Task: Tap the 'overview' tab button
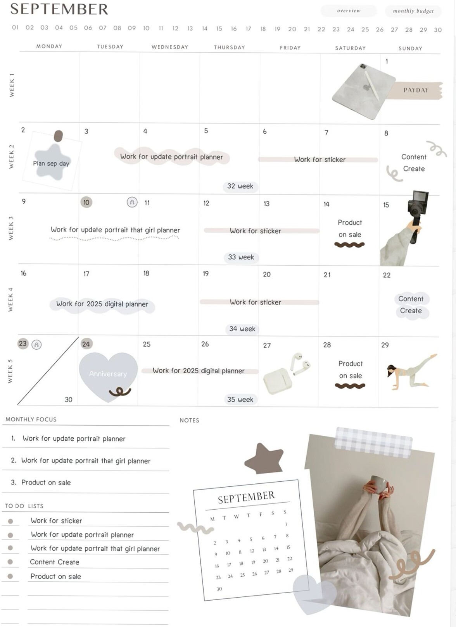coord(349,11)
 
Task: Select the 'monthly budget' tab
coord(413,11)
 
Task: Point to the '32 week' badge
coord(240,186)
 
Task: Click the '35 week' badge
coord(240,399)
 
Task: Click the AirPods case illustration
coord(278,381)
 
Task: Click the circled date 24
coord(86,344)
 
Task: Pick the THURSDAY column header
coord(229,47)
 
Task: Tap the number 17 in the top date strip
coord(248,29)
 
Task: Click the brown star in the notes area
coord(264,459)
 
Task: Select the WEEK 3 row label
coord(11,228)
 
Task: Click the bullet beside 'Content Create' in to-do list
coord(10,562)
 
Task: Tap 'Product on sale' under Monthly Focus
coord(46,482)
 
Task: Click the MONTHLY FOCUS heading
coord(31,419)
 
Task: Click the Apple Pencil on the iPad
coord(372,85)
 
